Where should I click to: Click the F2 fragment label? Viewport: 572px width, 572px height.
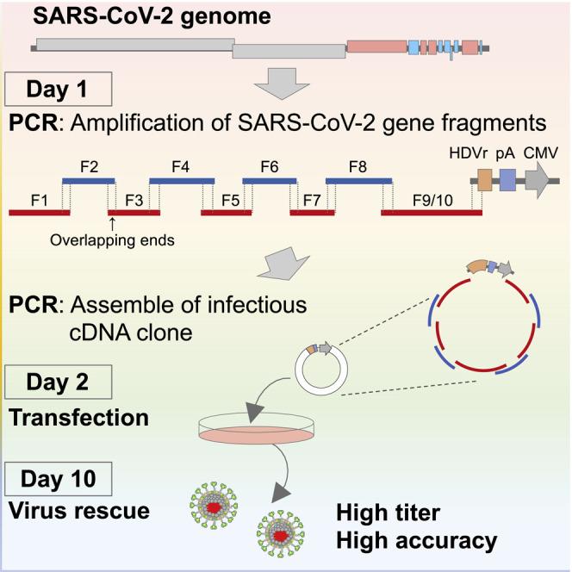pos(88,165)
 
